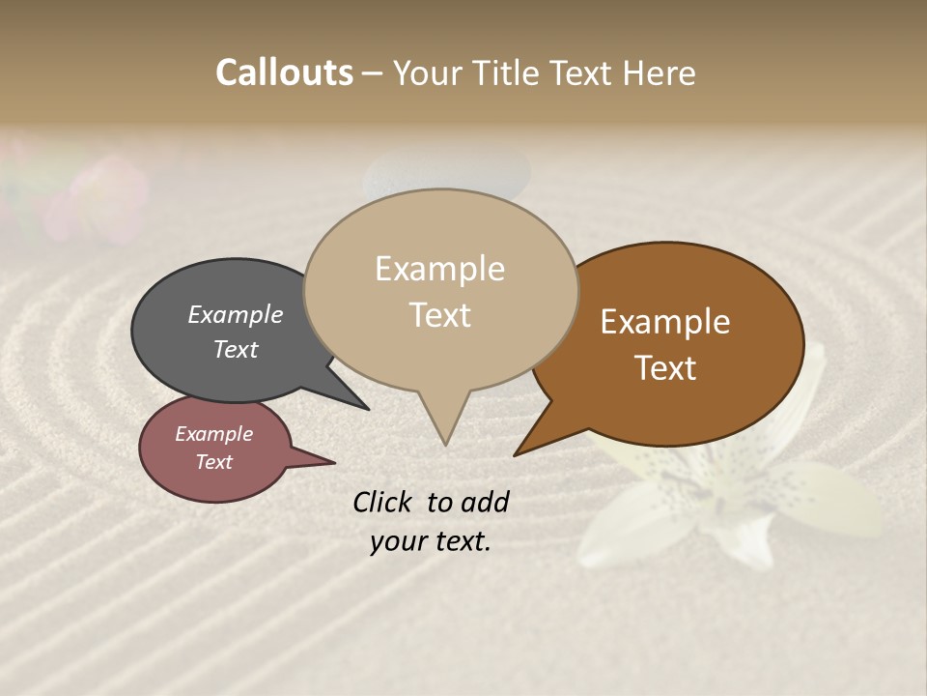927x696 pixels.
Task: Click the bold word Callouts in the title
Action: [x=284, y=72]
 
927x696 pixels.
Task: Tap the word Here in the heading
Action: [x=662, y=73]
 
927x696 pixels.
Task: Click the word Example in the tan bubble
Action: [x=439, y=269]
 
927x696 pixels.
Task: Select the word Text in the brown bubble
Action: [x=665, y=368]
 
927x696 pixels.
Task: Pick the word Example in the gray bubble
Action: [x=235, y=314]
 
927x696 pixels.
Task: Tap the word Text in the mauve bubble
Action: [x=214, y=462]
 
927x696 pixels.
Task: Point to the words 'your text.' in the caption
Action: [x=430, y=542]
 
